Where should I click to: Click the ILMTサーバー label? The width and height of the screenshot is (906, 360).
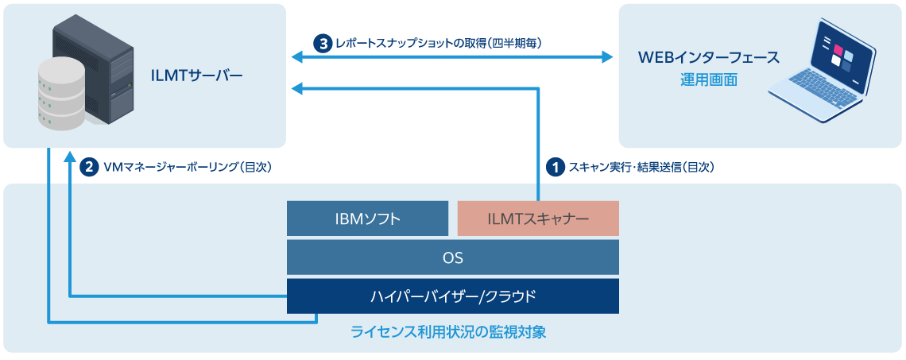pyautogui.click(x=196, y=76)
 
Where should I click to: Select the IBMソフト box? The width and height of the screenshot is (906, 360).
pyautogui.click(x=367, y=219)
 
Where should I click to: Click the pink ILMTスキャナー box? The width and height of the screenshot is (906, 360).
pyautogui.click(x=538, y=219)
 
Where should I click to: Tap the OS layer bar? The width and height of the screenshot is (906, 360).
pyautogui.click(x=452, y=257)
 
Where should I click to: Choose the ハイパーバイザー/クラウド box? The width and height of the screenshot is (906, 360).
pyautogui.click(x=452, y=296)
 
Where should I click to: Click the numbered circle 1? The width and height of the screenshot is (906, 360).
pyautogui.click(x=556, y=167)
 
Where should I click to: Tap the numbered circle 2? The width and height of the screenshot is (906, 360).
pyautogui.click(x=89, y=167)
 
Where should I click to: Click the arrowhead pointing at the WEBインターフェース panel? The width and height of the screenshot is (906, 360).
pyautogui.click(x=608, y=57)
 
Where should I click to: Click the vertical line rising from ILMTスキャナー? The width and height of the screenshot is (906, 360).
pyautogui.click(x=539, y=143)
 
